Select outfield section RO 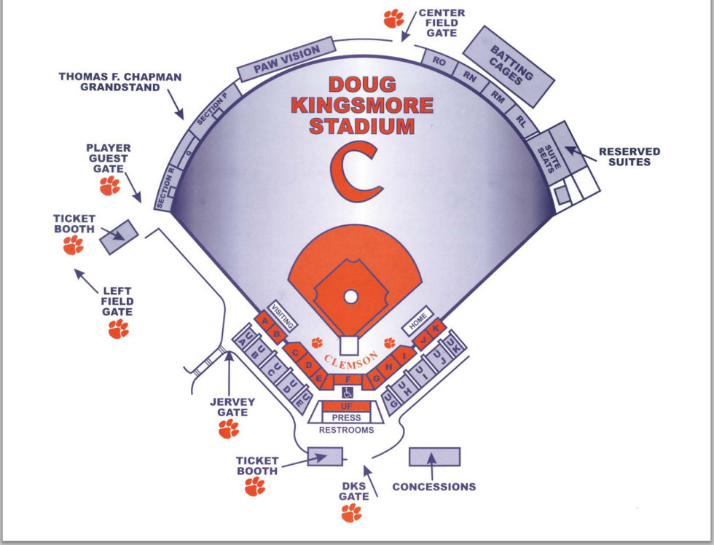[439, 63]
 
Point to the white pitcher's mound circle [350, 297]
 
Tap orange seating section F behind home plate [348, 380]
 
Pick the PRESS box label [347, 417]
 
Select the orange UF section [347, 406]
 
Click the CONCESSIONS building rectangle [434, 457]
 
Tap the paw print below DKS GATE [351, 513]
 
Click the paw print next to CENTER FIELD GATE [394, 17]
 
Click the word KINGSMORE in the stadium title [362, 105]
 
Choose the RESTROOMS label [347, 430]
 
